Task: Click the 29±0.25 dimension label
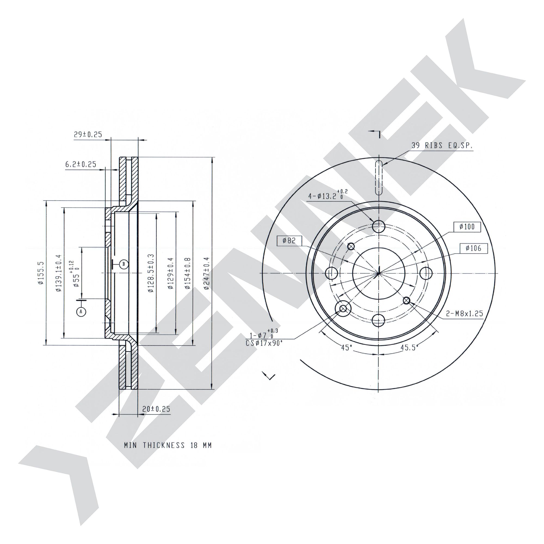coord(88,134)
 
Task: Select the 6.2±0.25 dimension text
coord(81,164)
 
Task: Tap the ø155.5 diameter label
coord(41,273)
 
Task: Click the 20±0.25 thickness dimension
coord(156,409)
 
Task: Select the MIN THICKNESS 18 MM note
coord(168,445)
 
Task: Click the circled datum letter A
coord(81,311)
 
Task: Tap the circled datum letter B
coord(123,264)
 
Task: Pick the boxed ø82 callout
coord(289,240)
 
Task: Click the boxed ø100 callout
coord(467,227)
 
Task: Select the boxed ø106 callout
coord(474,248)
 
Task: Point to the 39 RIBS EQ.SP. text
coord(442,146)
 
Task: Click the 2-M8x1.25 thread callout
coord(465,313)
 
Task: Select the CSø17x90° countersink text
coord(264,343)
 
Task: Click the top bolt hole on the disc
coord(379,226)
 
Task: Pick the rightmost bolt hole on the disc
coord(426,273)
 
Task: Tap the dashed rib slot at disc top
coord(379,177)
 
